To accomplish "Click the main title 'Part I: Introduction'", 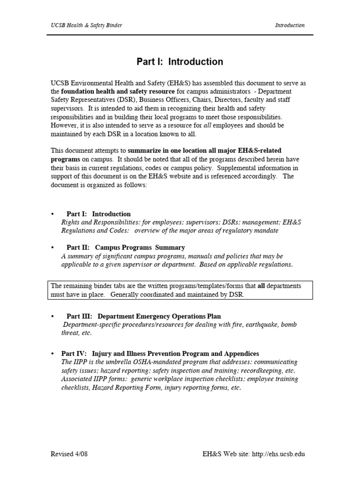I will click(x=180, y=61).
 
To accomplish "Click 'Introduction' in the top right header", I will click(x=290, y=25).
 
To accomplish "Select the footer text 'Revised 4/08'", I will click(x=69, y=454).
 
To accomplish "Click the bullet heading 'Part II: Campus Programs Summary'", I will click(x=126, y=247).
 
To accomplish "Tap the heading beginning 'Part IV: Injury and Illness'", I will click(x=160, y=353).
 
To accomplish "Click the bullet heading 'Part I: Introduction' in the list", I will click(x=98, y=214).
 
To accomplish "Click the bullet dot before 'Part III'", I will click(x=53, y=316).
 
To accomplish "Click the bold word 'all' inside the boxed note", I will click(x=262, y=286).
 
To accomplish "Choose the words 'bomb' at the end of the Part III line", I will click(x=288, y=325).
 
